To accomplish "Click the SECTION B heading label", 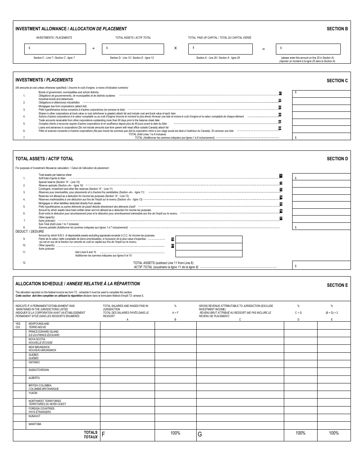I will [337, 28].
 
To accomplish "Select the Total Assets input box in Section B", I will [133, 49].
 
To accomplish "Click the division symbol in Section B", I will [94, 48].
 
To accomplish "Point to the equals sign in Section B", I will [264, 49].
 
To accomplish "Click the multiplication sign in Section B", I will [175, 48].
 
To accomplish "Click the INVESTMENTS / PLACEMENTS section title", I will [44, 80].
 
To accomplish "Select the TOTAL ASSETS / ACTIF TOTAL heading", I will [44, 159].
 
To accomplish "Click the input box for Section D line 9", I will [208, 239].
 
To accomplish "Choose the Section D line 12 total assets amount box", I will [321, 265].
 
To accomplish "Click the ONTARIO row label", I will [34, 363].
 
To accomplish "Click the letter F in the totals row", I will [103, 435].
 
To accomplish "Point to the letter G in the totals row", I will [200, 435].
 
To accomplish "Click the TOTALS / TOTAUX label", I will [91, 435].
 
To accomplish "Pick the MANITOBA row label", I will [35, 424].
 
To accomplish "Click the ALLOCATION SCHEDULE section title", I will [77, 283].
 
